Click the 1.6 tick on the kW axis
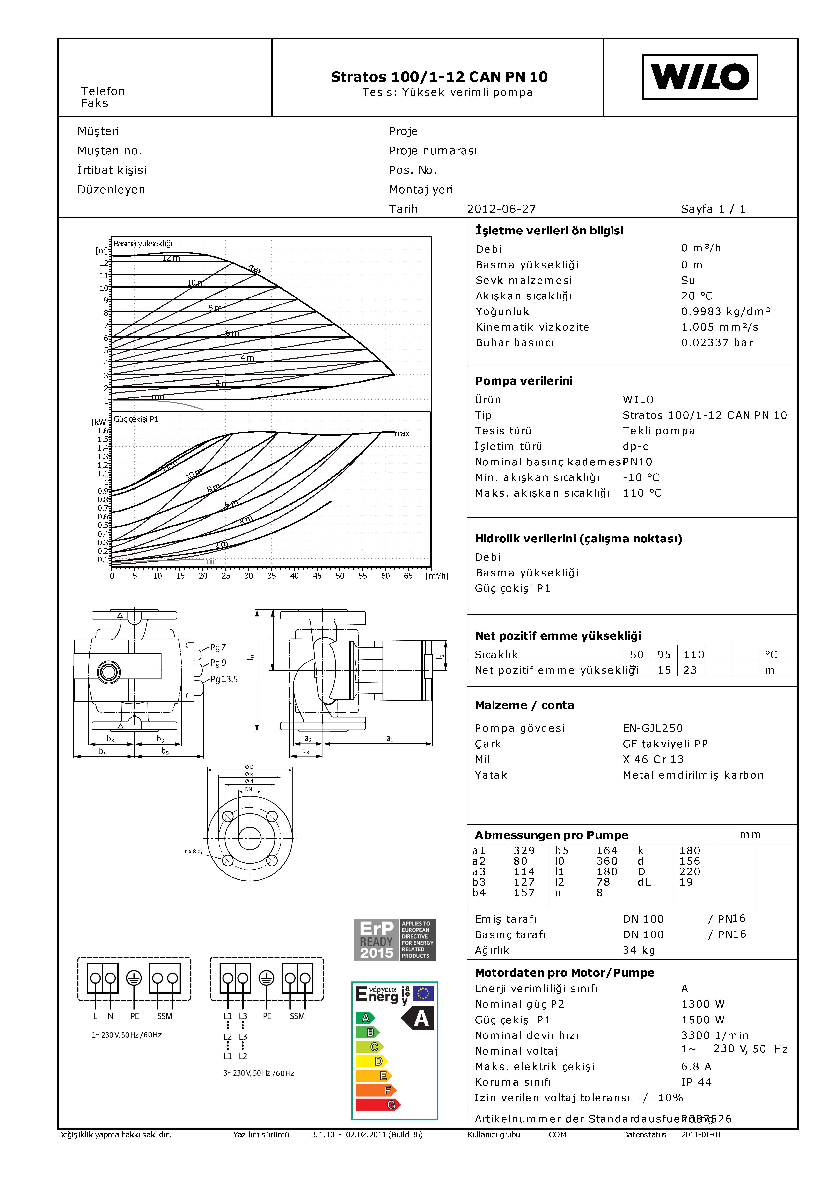(103, 431)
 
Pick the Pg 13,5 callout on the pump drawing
(224, 679)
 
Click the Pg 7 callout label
(218, 648)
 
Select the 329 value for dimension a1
(524, 851)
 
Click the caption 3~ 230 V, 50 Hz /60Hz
(258, 1073)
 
